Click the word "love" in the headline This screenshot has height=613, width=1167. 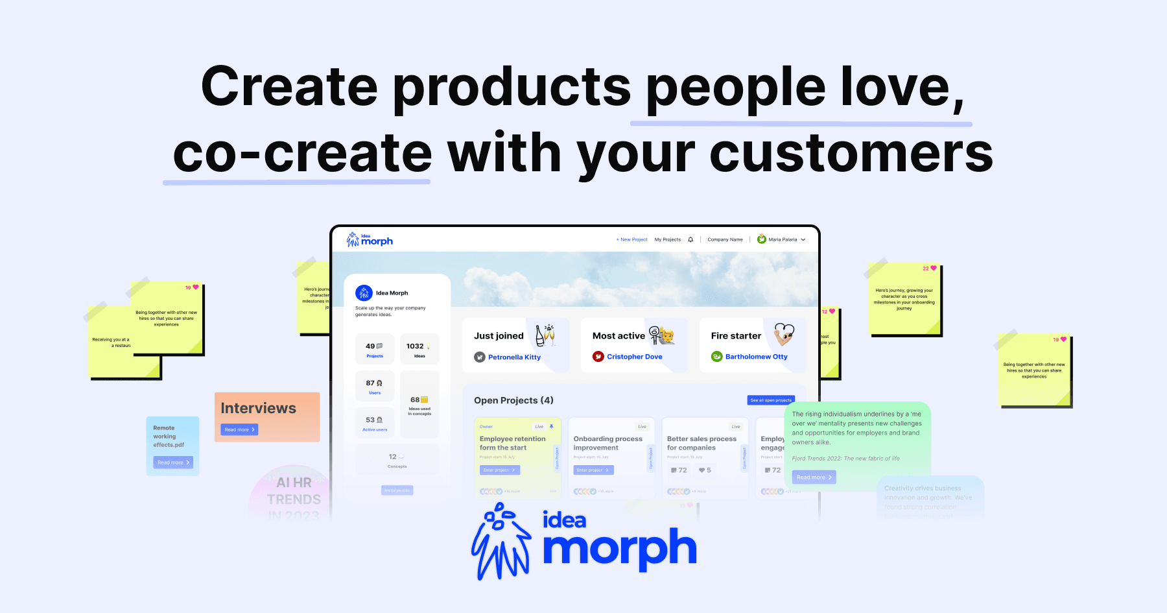coord(895,87)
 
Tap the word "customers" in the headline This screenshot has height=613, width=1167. coord(851,154)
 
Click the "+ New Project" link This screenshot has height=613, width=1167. coord(631,239)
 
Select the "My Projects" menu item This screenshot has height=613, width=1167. coord(667,239)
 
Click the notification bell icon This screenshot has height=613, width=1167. coord(690,239)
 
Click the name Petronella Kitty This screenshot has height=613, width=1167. coord(514,357)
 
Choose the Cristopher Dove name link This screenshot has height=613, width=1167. coord(634,357)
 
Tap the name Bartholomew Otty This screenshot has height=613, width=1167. coord(756,357)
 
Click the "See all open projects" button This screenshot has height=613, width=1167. coord(770,400)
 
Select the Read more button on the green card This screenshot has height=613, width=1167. coord(814,477)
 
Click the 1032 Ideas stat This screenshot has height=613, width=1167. coord(419,349)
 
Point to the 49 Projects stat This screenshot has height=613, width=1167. coord(374,349)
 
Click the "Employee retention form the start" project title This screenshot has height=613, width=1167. coord(512,443)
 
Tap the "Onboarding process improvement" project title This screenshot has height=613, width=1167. coord(607,443)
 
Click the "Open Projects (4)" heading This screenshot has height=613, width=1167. coord(513,400)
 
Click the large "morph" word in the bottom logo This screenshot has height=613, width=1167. coord(619,549)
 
